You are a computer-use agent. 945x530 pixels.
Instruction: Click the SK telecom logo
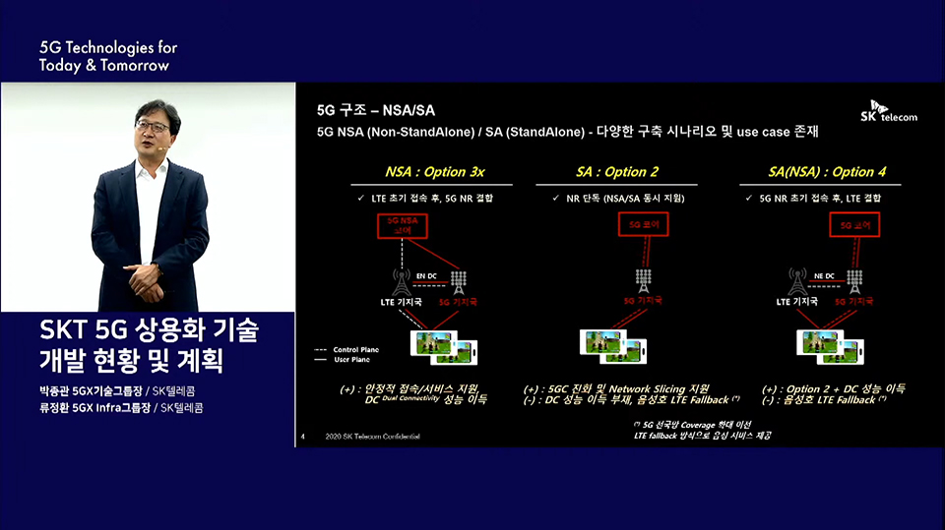pyautogui.click(x=894, y=111)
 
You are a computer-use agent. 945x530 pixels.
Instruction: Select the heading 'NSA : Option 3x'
pyautogui.click(x=420, y=172)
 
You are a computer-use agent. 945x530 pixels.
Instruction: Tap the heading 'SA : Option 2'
pyautogui.click(x=617, y=172)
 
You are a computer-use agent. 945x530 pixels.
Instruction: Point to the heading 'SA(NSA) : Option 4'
pyautogui.click(x=828, y=172)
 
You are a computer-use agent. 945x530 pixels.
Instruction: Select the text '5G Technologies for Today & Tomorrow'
pyautogui.click(x=108, y=56)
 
